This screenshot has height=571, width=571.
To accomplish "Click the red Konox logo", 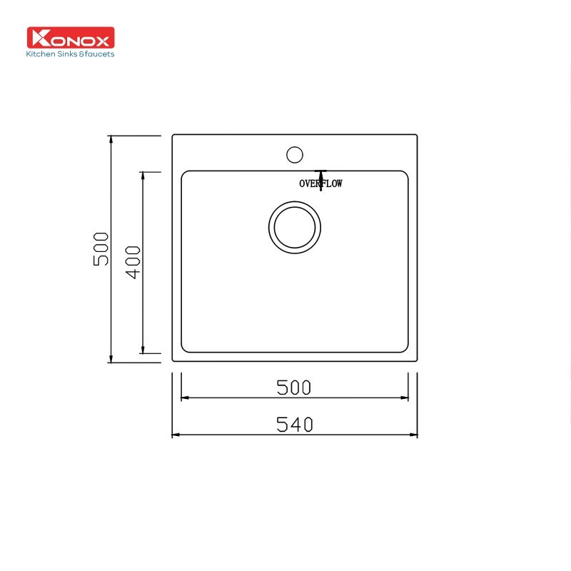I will tap(71, 38).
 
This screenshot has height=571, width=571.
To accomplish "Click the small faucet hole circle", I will tap(294, 153).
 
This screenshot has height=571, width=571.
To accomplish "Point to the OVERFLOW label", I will tap(320, 183).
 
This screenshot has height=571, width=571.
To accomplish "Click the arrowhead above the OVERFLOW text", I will tap(321, 173).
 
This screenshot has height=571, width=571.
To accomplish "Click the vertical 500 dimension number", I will tap(101, 248).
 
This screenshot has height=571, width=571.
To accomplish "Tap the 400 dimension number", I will tap(133, 262).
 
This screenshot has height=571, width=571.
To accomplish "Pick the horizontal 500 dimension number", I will tap(294, 387).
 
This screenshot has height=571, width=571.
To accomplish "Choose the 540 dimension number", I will tap(294, 425).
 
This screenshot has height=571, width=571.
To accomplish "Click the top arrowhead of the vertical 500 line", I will tap(111, 139).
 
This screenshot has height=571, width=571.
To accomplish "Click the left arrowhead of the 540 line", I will tap(176, 434).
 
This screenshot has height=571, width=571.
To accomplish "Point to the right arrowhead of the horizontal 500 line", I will tap(404, 398).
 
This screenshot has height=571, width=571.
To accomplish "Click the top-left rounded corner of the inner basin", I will tap(184, 173).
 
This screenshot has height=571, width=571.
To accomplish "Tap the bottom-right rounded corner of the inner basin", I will tap(405, 349).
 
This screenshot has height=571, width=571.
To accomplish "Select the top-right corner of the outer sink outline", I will tap(417, 134).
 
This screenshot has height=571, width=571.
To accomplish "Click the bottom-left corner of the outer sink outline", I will tap(172, 362).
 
